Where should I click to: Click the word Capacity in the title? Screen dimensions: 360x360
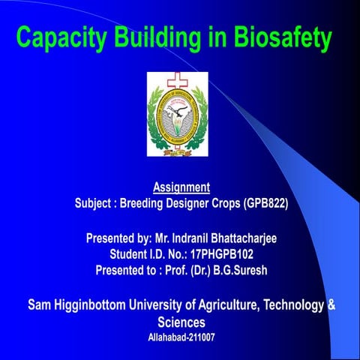61,37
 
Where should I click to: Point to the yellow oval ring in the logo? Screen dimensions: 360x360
178,112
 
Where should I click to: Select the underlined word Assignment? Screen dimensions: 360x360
181,186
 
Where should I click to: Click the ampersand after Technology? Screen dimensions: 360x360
331,305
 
